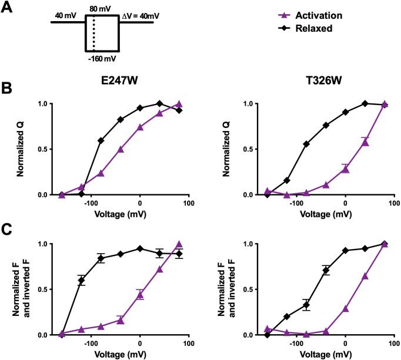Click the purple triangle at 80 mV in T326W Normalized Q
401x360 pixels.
(385, 105)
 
